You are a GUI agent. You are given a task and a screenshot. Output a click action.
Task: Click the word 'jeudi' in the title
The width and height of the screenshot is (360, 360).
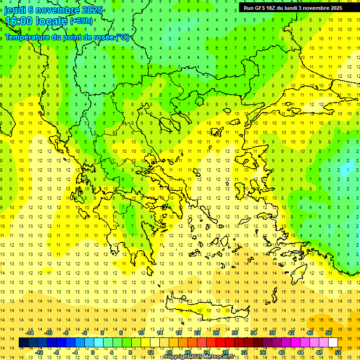coord(15,10)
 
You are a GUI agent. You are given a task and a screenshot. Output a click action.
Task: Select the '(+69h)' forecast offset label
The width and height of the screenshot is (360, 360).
coord(81,21)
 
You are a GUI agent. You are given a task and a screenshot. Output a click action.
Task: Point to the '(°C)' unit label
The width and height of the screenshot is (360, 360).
coord(122,37)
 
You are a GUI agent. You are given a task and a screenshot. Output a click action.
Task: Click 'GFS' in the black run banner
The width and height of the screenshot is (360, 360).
coord(262,8)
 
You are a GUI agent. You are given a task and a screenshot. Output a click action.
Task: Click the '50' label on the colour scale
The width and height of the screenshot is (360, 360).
coord(329,333)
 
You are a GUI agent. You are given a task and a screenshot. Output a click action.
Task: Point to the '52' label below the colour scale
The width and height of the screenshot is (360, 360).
coord(338,352)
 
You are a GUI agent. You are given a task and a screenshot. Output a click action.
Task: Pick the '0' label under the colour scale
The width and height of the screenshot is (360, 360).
coord(92,352)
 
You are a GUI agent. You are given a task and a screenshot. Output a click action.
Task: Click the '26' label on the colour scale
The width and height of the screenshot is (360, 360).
coord(216,333)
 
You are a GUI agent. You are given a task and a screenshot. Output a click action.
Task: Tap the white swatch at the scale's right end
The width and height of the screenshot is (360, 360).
coord(333,343)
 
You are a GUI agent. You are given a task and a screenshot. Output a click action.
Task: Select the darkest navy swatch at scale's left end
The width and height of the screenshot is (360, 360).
coord(23,343)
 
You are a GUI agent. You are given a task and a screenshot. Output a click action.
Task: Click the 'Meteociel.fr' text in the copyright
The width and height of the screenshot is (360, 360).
coord(222,357)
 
